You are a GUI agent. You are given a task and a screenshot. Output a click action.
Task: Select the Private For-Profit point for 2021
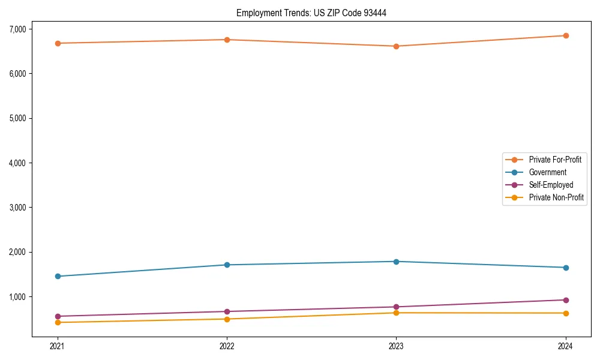point(58,43)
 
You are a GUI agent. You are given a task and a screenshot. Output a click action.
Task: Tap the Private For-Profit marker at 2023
point(396,46)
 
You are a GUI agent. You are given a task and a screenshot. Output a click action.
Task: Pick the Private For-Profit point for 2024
point(566,35)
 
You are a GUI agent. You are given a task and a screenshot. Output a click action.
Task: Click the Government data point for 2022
point(227,265)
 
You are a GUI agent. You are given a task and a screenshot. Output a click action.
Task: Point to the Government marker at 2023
point(396,262)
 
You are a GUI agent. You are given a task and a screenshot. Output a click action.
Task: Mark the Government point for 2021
point(58,276)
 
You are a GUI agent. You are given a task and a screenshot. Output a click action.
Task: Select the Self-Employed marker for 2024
point(566,300)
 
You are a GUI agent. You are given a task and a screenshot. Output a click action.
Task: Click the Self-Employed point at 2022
point(227,311)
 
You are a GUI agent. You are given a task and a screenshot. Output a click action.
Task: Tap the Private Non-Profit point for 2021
point(58,322)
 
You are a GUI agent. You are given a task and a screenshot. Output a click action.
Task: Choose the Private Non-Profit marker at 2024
point(566,313)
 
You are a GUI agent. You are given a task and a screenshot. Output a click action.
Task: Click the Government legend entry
point(547,172)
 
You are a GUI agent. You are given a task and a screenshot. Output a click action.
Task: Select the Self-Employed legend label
point(551,185)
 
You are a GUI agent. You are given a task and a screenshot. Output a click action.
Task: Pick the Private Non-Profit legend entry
point(556,197)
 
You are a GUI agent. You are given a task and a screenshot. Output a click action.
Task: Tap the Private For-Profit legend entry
point(555,160)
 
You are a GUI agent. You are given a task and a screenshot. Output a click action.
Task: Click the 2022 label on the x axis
point(227,346)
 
